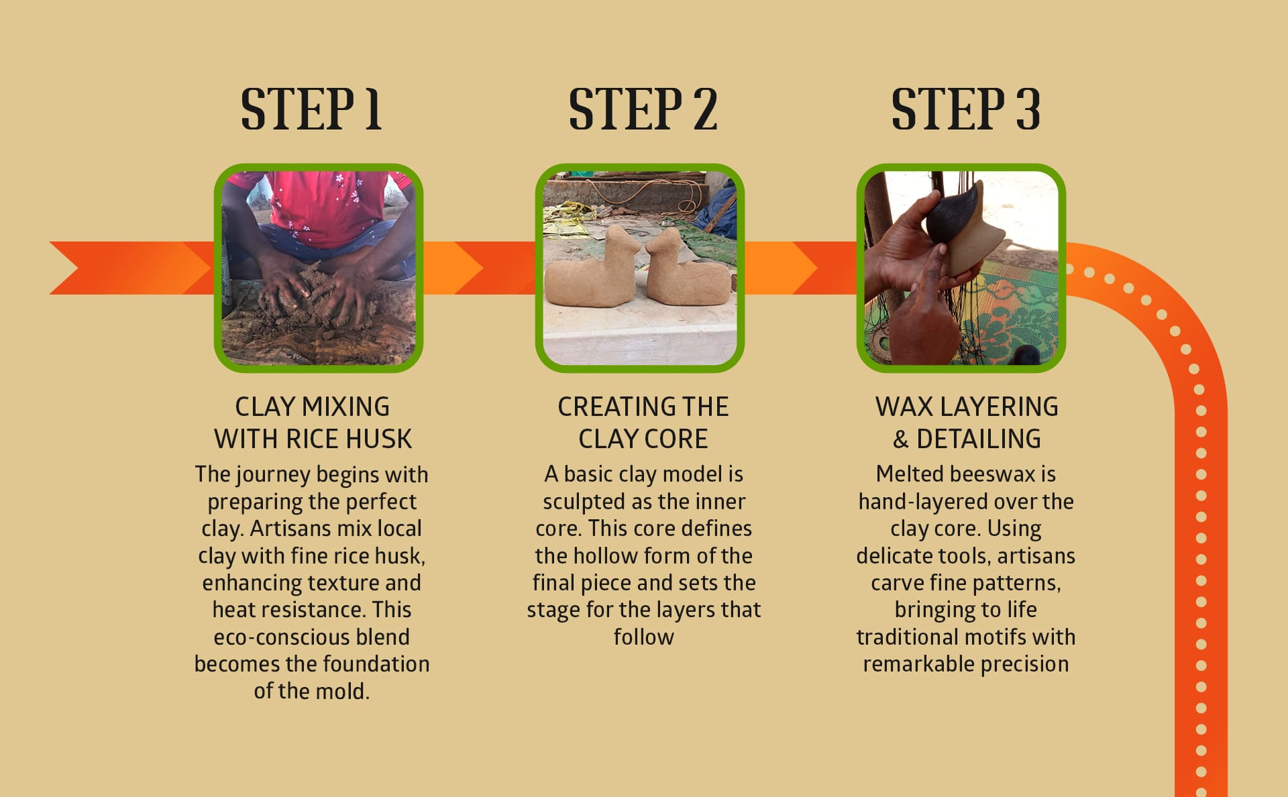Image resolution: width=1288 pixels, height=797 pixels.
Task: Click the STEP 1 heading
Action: pos(311,109)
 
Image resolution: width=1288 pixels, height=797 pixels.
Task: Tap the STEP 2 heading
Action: pos(643,109)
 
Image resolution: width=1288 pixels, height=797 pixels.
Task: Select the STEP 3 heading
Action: pos(965,109)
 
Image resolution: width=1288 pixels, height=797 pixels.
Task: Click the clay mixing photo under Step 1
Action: pos(318,268)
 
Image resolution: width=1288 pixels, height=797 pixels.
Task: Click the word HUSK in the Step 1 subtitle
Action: pos(378,439)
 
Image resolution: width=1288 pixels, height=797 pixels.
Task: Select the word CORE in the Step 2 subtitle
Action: pos(676,439)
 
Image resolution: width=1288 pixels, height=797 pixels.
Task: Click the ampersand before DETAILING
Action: pos(900,439)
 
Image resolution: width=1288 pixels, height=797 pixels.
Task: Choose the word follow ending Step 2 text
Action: pos(643,637)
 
